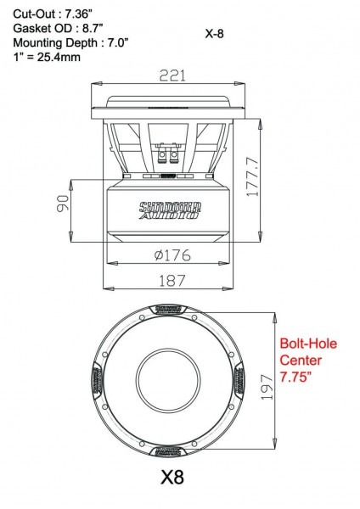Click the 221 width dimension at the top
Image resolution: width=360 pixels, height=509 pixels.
172,76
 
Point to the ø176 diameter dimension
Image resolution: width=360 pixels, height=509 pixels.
172,254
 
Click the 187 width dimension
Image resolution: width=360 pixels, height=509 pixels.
172,280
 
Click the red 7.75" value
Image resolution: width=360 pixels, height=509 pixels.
299,375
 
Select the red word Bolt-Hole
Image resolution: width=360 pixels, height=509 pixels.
308,344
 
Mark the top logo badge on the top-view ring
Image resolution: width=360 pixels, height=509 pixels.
172,309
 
